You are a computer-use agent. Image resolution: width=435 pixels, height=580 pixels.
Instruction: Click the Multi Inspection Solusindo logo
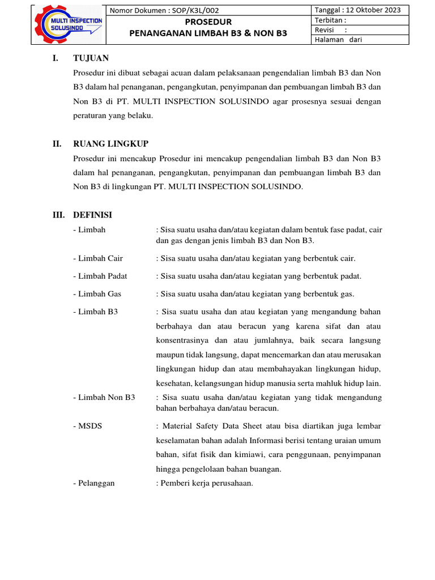point(69,25)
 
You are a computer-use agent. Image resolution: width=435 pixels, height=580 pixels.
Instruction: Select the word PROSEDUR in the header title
point(208,22)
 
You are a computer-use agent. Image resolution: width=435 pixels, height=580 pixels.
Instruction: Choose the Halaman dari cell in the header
point(339,40)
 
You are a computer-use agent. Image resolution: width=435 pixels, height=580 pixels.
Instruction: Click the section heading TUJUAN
point(91,58)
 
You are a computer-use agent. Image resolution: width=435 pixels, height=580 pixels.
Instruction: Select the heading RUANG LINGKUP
point(110,144)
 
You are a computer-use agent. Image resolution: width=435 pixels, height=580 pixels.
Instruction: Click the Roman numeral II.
point(57,144)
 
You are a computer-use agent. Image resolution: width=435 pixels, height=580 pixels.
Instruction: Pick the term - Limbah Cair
point(98,258)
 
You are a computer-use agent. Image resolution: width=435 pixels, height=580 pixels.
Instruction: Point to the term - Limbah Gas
point(97,294)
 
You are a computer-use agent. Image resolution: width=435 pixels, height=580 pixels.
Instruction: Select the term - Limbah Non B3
point(104,398)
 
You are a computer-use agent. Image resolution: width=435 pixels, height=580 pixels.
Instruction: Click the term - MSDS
point(88,425)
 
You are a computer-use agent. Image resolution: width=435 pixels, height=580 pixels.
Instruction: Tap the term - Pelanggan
point(94,483)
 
